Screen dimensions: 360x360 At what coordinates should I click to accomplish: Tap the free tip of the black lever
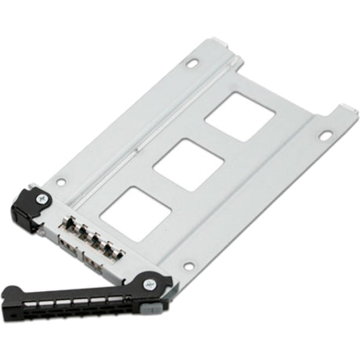point(9,296)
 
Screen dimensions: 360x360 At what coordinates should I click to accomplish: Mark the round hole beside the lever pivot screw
point(188,267)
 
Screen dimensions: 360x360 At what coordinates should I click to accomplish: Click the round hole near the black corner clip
point(60,182)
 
